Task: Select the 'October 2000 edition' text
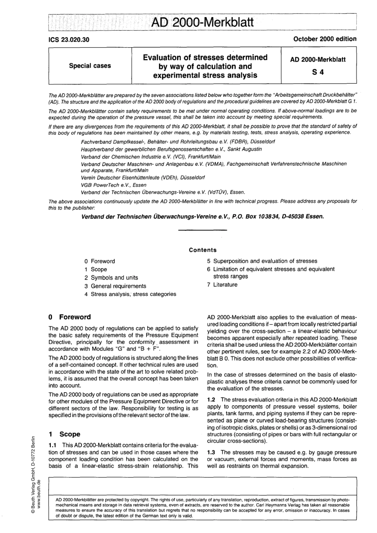325,39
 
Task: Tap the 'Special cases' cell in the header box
90,66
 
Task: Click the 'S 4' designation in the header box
318,73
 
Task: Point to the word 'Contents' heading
203,250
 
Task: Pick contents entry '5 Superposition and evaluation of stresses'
262,261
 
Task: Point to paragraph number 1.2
212,399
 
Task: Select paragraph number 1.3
212,452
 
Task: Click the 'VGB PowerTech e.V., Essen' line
113,185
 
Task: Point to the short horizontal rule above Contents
203,230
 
